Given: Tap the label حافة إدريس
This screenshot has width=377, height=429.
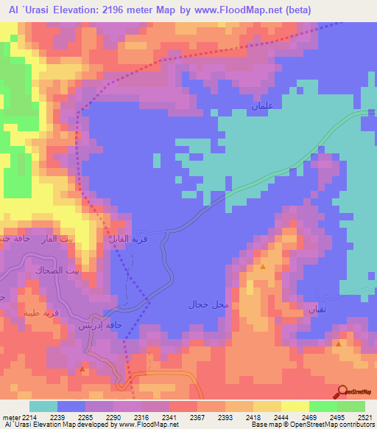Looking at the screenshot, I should pyautogui.click(x=103, y=324).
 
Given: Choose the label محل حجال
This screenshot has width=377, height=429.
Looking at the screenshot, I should pyautogui.click(x=209, y=304).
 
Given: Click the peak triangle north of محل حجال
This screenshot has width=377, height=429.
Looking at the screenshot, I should pyautogui.click(x=263, y=267).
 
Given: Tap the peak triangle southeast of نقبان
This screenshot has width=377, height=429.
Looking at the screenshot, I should pyautogui.click(x=338, y=343).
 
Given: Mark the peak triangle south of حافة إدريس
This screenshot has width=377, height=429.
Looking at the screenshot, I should pyautogui.click(x=82, y=368).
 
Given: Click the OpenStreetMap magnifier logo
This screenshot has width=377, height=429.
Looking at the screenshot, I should pyautogui.click(x=342, y=392).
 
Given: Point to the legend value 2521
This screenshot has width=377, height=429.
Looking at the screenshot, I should pyautogui.click(x=366, y=416).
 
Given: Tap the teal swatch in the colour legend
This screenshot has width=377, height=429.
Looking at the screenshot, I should pyautogui.click(x=43, y=406).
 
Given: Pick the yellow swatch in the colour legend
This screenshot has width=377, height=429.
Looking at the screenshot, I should pyautogui.click(x=295, y=406).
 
